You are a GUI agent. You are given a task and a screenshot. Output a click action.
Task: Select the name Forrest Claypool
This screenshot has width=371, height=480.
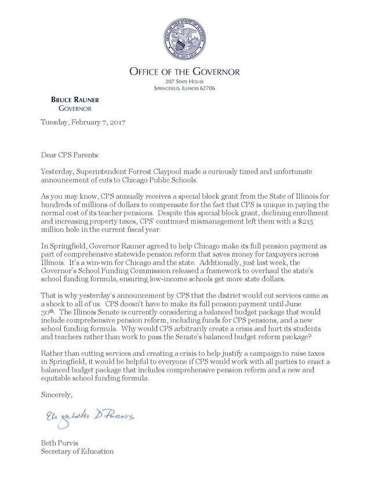tap(161, 173)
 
